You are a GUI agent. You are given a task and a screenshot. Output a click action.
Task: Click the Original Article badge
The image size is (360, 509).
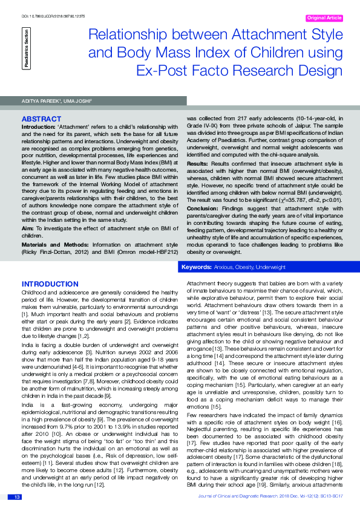(x=324, y=18)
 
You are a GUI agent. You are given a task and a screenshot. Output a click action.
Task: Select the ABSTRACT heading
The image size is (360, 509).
(x=41, y=119)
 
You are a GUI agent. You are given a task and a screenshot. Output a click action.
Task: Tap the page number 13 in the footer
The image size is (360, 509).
(x=18, y=496)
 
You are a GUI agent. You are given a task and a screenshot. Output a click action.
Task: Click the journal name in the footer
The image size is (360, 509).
(x=252, y=496)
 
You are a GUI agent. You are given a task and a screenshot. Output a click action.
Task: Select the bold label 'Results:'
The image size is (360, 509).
(x=198, y=164)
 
